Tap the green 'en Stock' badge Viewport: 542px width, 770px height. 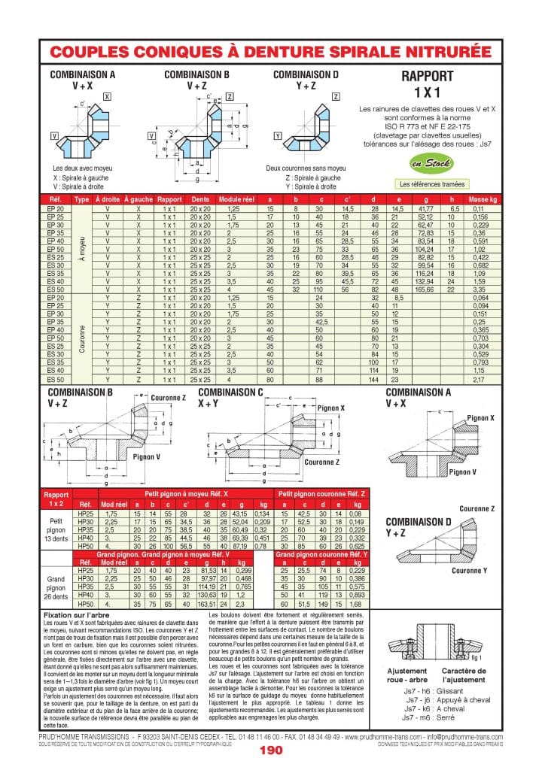point(426,163)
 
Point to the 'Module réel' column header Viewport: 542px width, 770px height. point(237,199)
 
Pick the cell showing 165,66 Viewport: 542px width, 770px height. point(425,289)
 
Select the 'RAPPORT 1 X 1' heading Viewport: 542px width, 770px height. point(427,83)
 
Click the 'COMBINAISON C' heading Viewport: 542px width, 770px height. point(230,392)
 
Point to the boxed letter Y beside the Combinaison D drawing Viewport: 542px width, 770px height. point(279,136)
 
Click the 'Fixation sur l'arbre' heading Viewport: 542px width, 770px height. point(75,614)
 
